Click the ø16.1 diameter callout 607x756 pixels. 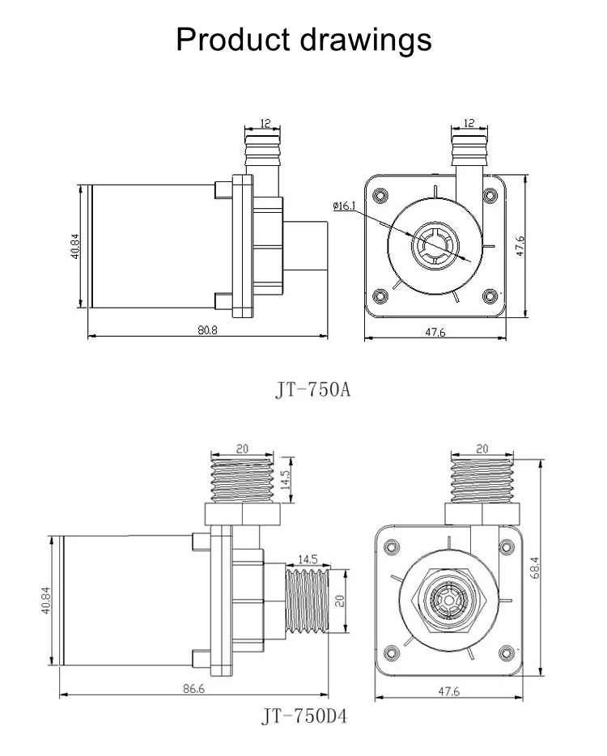coord(343,206)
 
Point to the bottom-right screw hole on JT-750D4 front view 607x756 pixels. coord(508,652)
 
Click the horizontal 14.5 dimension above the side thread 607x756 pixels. coord(308,558)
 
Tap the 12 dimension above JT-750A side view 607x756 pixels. coord(265,123)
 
